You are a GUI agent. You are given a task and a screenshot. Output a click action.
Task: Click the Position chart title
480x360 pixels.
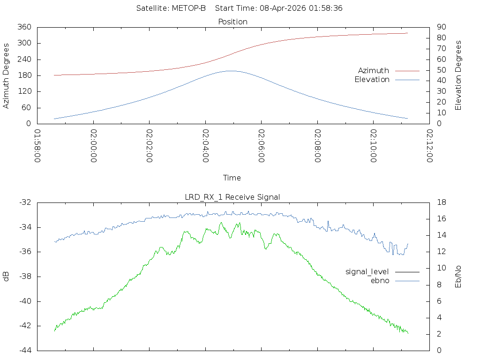[232, 22]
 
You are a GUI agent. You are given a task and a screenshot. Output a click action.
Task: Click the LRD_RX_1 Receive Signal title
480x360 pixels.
[232, 197]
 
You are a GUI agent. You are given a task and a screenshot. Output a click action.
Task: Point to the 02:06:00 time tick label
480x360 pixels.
[262, 146]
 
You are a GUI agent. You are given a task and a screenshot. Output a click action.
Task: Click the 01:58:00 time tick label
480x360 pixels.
[37, 146]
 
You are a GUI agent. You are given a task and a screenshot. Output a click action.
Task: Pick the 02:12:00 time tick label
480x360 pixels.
[429, 146]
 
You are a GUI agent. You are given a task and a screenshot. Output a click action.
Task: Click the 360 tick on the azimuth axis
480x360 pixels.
[24, 27]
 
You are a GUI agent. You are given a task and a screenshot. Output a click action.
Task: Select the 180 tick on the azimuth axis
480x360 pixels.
[24, 75]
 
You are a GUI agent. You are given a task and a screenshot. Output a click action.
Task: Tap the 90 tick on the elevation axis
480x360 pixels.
[442, 27]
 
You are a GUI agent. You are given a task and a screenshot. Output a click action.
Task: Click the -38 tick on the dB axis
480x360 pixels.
[25, 277]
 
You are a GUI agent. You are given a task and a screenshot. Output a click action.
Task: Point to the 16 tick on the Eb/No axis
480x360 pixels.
[442, 218]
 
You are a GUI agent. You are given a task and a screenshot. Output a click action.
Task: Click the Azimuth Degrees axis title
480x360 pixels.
[6, 76]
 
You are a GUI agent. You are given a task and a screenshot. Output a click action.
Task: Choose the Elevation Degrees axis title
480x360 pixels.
[458, 75]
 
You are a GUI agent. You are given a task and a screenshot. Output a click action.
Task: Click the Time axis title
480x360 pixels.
[232, 178]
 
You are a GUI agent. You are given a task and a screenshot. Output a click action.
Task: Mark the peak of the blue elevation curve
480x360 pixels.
[232, 71]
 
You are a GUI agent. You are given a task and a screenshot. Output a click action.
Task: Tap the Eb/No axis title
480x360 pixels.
[458, 277]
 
